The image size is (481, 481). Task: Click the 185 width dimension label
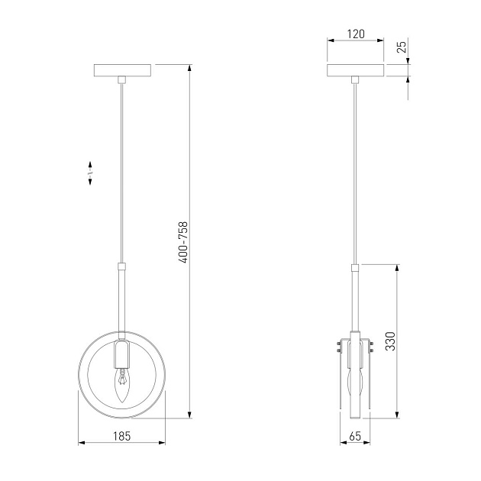tap(122, 436)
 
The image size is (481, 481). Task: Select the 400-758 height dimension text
tap(183, 242)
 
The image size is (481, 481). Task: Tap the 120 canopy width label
tap(356, 34)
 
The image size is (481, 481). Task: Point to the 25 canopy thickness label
tap(402, 47)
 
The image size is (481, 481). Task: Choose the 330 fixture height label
tap(390, 341)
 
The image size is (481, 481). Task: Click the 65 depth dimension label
tap(355, 436)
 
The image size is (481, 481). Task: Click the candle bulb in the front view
tap(122, 385)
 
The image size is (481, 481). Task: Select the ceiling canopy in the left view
tap(122, 70)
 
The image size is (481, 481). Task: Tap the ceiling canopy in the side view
tap(356, 70)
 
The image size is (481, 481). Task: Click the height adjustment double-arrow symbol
tap(90, 173)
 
